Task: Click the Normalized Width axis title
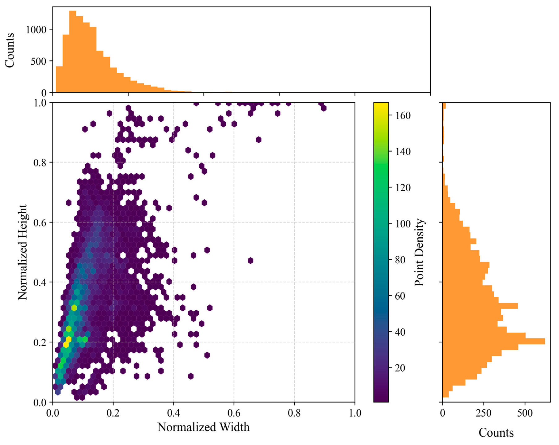click(x=203, y=427)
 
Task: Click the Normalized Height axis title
click(x=23, y=252)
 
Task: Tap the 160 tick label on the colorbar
click(x=401, y=116)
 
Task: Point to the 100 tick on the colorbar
click(x=401, y=224)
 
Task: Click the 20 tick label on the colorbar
click(x=400, y=368)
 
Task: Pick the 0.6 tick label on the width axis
click(x=234, y=413)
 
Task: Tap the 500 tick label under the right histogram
click(x=525, y=413)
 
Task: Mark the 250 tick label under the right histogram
click(x=484, y=413)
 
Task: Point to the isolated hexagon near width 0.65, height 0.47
click(x=250, y=261)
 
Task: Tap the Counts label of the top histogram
click(x=10, y=50)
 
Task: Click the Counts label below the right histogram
click(x=496, y=432)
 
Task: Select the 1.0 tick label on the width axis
click(x=354, y=413)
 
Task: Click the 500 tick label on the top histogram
click(x=38, y=61)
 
